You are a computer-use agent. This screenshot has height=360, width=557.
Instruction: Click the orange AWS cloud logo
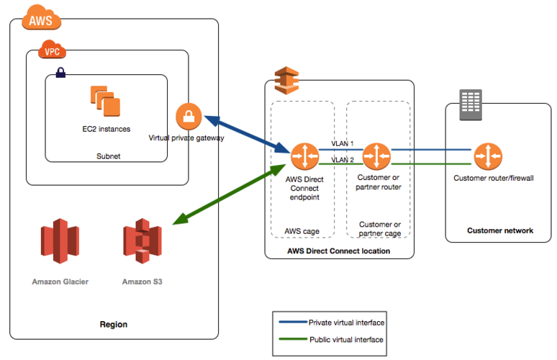41,17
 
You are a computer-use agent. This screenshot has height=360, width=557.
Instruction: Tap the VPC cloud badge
53,50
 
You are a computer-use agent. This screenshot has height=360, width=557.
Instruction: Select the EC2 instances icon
105,101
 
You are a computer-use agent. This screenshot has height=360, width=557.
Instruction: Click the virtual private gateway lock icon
189,116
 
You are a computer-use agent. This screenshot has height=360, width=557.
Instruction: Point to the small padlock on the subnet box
60,73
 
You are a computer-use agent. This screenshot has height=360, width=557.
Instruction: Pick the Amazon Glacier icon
60,241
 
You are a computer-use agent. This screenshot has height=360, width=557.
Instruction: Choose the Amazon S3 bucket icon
142,241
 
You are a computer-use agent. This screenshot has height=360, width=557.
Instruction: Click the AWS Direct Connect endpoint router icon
304,156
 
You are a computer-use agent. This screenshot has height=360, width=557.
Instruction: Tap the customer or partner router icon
376,156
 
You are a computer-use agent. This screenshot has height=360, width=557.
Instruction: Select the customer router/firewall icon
488,156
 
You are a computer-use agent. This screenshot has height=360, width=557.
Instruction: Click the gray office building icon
471,105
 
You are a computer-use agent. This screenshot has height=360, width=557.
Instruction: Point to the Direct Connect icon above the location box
286,81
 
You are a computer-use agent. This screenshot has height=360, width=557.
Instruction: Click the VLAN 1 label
343,143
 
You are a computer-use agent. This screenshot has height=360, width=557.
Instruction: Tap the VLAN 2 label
343,160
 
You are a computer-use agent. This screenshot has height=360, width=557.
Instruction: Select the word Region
114,325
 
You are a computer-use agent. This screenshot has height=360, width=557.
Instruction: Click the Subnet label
109,156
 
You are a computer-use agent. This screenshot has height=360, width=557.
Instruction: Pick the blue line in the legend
293,322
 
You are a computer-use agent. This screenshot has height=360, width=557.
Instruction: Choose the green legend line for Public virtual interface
293,339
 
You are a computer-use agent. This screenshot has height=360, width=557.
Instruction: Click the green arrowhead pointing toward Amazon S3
180,219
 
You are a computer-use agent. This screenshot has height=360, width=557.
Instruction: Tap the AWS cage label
302,231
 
